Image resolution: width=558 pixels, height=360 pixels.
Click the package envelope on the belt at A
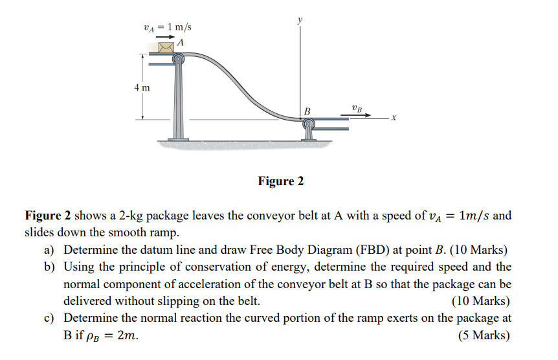166,47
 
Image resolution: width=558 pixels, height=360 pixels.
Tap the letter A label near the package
181,42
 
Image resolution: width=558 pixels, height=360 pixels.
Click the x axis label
394,118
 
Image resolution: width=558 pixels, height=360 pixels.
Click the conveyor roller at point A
178,60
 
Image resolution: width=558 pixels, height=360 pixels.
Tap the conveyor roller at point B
308,122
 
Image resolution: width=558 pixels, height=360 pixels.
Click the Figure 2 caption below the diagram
281,181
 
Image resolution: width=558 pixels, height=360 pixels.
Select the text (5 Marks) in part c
484,335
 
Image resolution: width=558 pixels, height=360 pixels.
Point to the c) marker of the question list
50,318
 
